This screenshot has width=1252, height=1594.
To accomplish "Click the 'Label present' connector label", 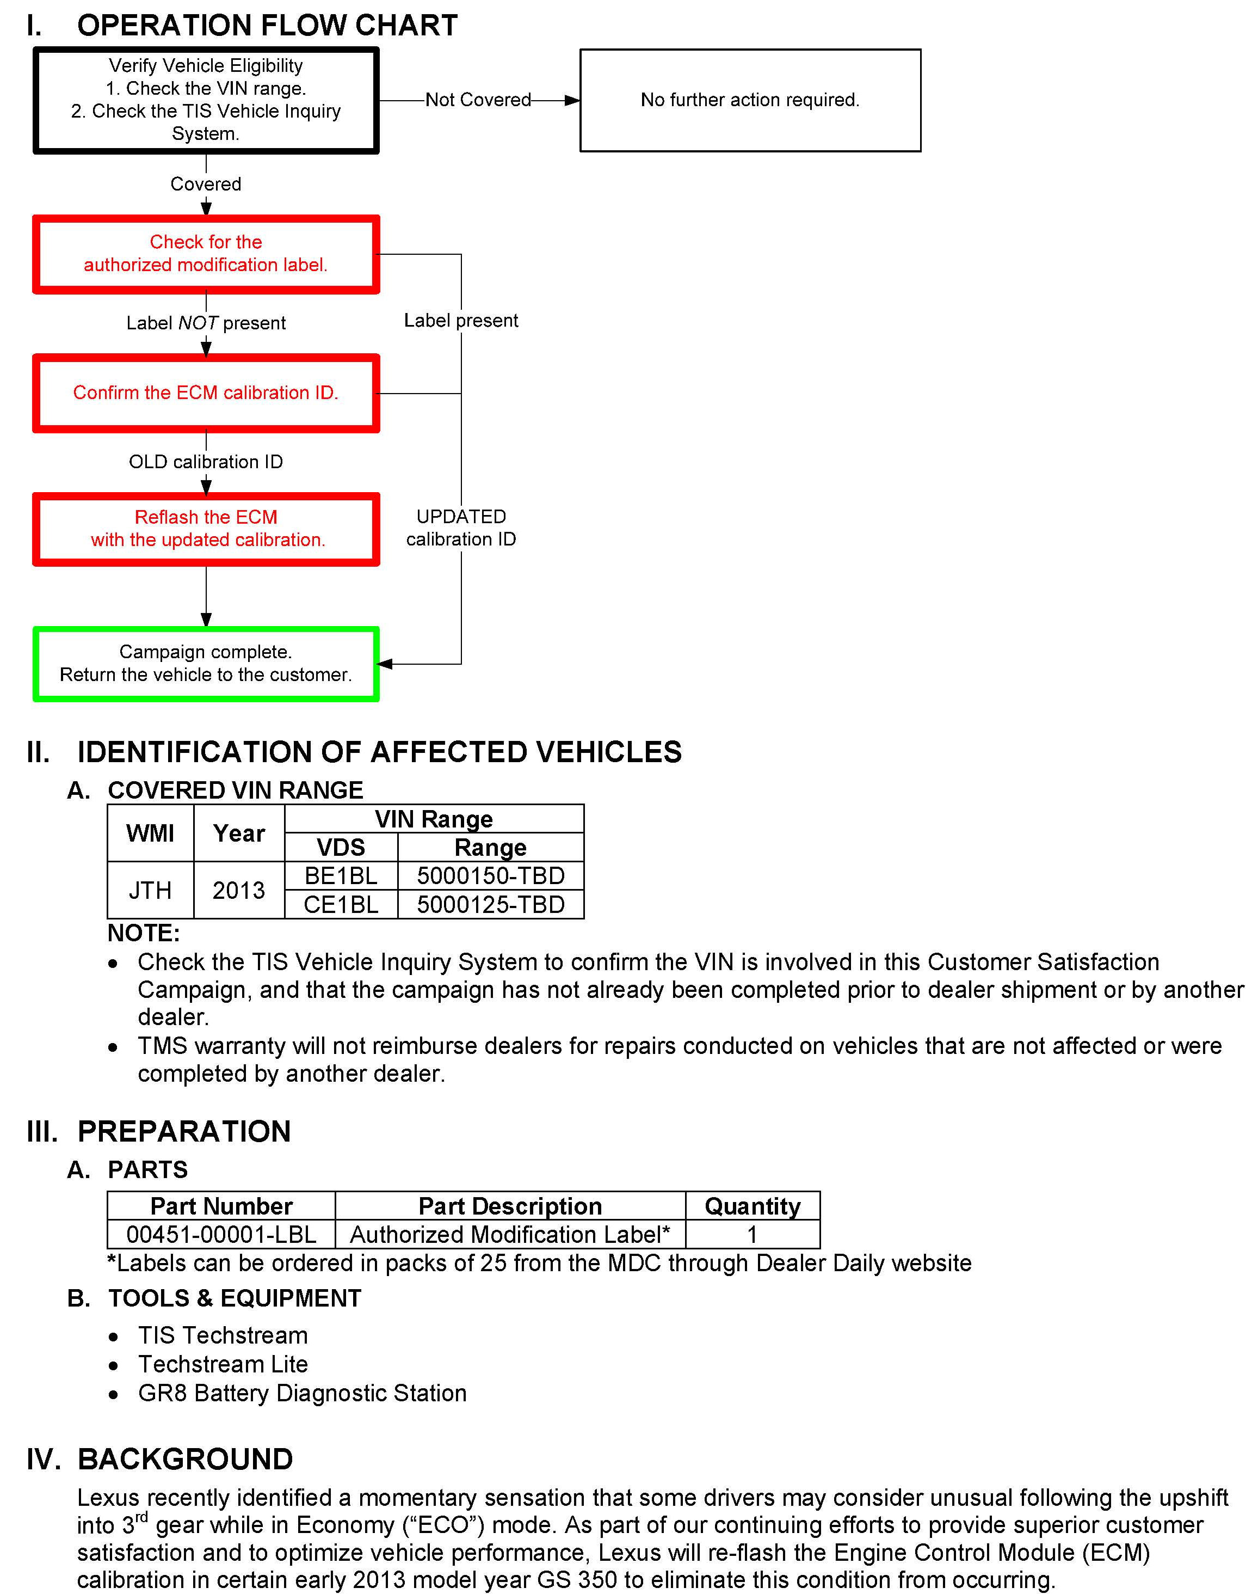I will (460, 321).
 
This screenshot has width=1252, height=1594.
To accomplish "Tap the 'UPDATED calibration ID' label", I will (460, 528).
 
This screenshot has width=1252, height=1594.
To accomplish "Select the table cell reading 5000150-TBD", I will (490, 875).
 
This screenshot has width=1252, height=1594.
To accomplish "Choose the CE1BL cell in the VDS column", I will (341, 905).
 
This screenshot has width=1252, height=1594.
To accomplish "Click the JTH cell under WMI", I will (150, 890).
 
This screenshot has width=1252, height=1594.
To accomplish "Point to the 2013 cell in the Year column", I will (238, 890).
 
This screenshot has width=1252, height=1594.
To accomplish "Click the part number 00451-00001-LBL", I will (221, 1235).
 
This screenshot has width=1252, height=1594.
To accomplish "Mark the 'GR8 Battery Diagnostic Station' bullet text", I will (302, 1393).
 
